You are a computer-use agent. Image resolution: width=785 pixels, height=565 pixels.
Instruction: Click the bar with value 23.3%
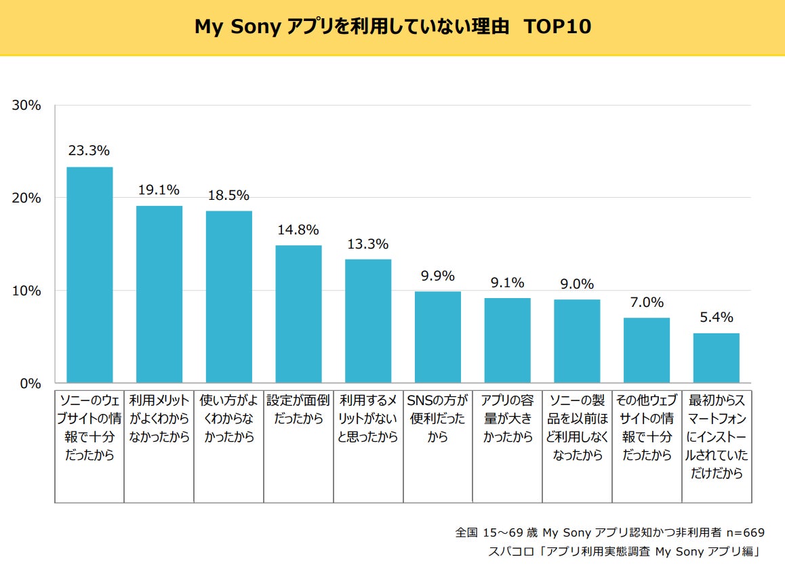[89, 274]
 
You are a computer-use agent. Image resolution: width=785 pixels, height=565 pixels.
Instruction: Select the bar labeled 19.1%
[159, 294]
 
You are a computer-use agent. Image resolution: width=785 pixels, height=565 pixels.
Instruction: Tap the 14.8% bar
[298, 314]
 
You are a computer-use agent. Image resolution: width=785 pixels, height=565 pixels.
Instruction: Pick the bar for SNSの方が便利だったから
[438, 337]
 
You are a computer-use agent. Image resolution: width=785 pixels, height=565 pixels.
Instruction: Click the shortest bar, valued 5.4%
[716, 358]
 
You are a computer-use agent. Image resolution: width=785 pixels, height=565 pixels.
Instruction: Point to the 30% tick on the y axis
[27, 106]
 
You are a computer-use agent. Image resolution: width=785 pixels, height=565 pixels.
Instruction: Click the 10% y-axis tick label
[27, 291]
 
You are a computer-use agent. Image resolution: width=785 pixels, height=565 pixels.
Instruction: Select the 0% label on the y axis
[31, 383]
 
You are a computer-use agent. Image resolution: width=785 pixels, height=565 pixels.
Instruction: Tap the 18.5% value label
[228, 195]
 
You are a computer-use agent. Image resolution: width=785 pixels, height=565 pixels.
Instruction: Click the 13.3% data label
[367, 244]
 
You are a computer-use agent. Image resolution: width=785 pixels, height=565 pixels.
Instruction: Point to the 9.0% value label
[577, 284]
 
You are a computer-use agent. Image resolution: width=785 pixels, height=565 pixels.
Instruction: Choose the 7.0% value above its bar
[647, 302]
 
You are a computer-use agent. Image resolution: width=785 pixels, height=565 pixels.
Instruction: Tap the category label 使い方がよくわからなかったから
[228, 419]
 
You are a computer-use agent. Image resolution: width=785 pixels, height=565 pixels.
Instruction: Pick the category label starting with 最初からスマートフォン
[716, 437]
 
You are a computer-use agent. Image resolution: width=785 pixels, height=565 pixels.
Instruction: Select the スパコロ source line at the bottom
[624, 551]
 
